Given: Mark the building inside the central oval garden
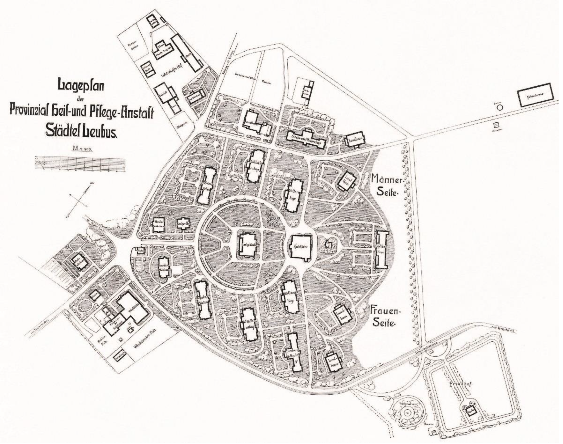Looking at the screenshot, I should (x=247, y=245).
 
